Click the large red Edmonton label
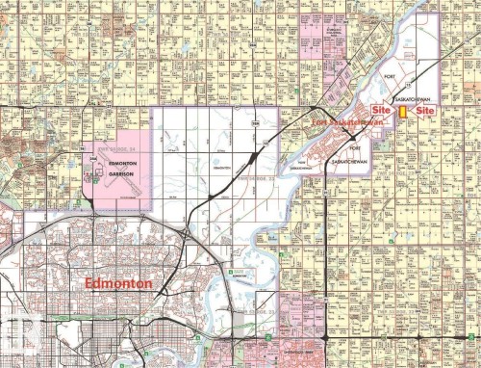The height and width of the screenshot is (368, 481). pyautogui.click(x=119, y=284)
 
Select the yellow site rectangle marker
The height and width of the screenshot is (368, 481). pyautogui.click(x=402, y=112)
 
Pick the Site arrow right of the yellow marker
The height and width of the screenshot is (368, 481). pyautogui.click(x=422, y=112)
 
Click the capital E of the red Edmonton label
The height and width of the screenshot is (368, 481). pyautogui.click(x=89, y=284)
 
